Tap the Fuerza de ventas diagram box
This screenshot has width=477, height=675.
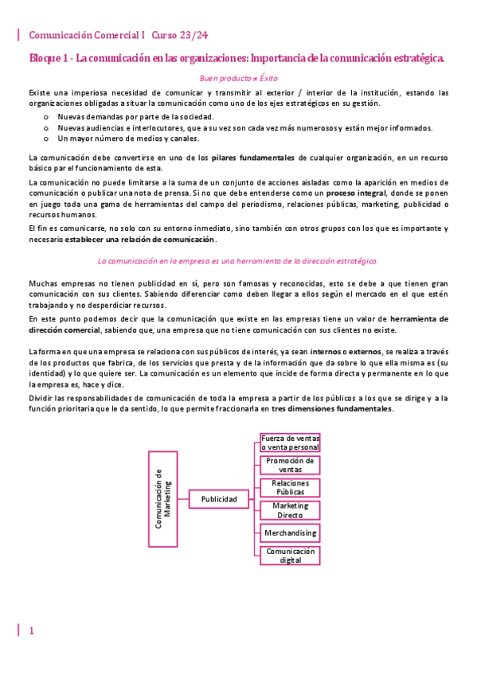(290, 443)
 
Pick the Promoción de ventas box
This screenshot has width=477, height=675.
(290, 465)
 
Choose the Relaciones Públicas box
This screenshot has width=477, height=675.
(290, 487)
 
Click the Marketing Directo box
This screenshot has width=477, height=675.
(290, 509)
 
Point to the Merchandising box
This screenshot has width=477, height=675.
(290, 533)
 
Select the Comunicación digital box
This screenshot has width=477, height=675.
(290, 555)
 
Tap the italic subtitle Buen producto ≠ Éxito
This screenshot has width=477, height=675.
(237, 80)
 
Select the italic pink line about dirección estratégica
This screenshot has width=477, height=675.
(237, 260)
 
